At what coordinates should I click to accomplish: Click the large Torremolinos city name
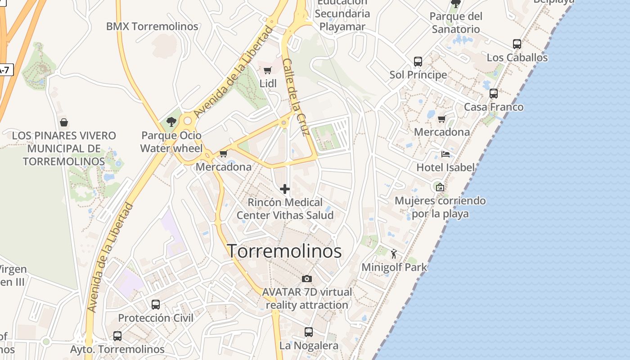pyautogui.click(x=284, y=251)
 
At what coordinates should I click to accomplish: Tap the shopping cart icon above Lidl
pyautogui.click(x=268, y=70)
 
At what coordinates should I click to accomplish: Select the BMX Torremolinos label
pyautogui.click(x=152, y=27)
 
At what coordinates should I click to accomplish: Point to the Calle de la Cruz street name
pyautogui.click(x=297, y=97)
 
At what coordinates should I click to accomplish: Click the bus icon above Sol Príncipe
pyautogui.click(x=418, y=61)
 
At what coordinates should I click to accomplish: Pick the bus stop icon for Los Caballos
pyautogui.click(x=517, y=44)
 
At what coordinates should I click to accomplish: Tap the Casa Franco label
pyautogui.click(x=494, y=107)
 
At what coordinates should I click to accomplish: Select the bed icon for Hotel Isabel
pyautogui.click(x=445, y=154)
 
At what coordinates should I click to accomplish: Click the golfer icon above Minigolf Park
pyautogui.click(x=394, y=254)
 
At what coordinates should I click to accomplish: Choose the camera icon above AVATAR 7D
pyautogui.click(x=307, y=279)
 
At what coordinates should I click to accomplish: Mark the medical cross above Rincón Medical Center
pyautogui.click(x=285, y=189)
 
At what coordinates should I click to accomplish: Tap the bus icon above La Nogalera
pyautogui.click(x=309, y=332)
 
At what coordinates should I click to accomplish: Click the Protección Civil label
pyautogui.click(x=156, y=318)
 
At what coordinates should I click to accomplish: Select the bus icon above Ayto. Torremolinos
pyautogui.click(x=117, y=336)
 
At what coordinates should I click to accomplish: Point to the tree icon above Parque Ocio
pyautogui.click(x=171, y=121)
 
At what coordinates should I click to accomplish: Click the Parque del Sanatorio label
pyautogui.click(x=456, y=23)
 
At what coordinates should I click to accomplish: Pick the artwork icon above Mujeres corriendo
pyautogui.click(x=440, y=187)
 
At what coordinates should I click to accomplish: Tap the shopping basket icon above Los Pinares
pyautogui.click(x=64, y=122)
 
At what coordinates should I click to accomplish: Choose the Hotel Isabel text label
pyautogui.click(x=445, y=168)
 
